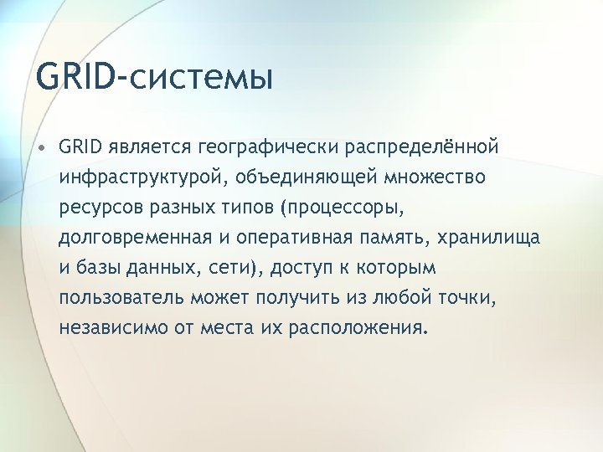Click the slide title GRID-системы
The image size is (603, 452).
[155, 78]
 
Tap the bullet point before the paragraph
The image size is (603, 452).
[41, 147]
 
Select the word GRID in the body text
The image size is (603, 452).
[80, 147]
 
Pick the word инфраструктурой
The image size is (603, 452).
[142, 178]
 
